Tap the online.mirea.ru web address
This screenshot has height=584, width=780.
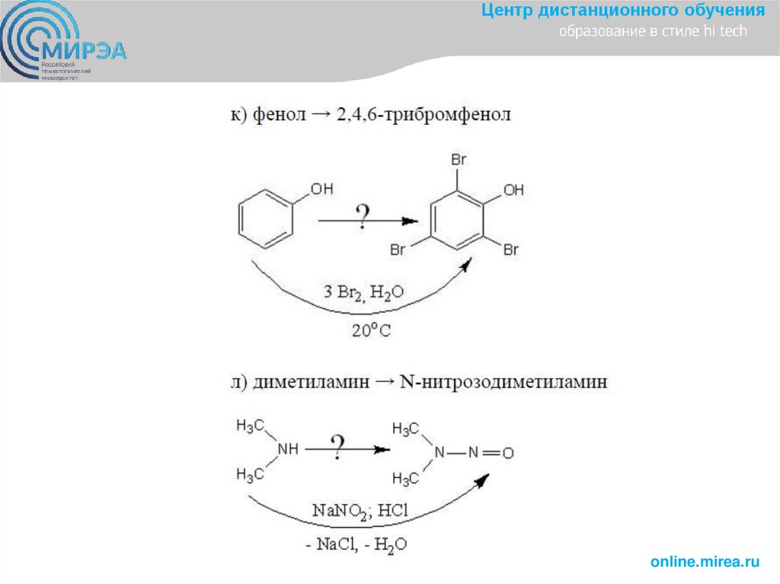705,562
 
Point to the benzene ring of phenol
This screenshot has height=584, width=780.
263,219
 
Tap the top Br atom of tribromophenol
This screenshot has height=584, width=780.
459,161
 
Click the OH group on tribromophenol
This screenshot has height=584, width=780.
513,190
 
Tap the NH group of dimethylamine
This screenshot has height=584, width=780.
288,449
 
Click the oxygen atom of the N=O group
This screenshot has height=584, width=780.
508,454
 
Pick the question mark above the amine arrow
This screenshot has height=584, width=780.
337,446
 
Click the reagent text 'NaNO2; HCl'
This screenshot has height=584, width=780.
361,510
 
